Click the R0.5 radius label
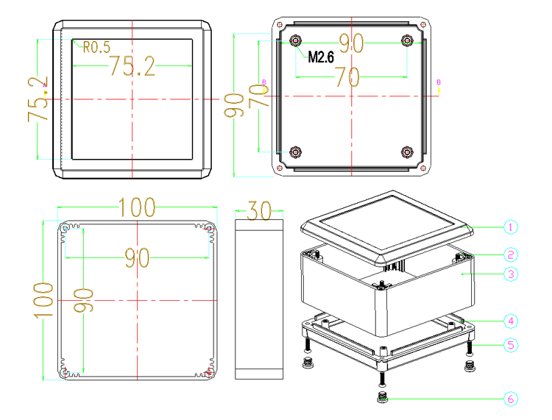tap(96, 47)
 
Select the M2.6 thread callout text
tap(321, 57)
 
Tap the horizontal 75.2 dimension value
tap(132, 65)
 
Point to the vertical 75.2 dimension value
tap(38, 99)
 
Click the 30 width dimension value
tap(260, 210)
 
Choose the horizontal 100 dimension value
tap(137, 207)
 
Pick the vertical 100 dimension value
tap(43, 300)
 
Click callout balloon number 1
tap(511, 227)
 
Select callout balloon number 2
tap(511, 255)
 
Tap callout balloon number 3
tap(511, 274)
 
